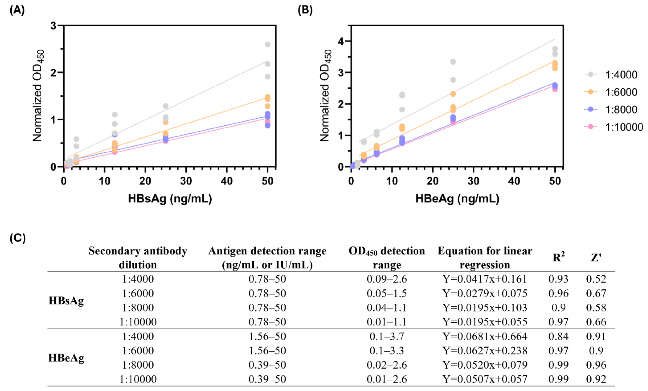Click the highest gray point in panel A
tap(267, 44)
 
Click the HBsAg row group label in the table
tap(66, 301)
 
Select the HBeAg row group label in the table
tap(66, 358)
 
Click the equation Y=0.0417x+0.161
tap(485, 279)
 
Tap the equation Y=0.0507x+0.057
tap(485, 379)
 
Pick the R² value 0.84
tap(559, 336)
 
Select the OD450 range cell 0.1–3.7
tap(387, 336)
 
